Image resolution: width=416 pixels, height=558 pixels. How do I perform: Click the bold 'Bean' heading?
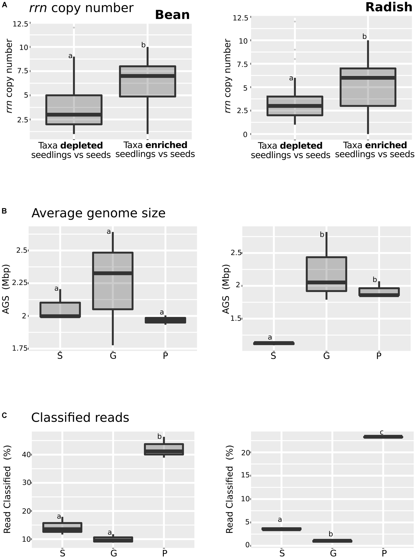[x=172, y=15]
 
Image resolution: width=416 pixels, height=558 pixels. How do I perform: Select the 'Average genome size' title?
[x=99, y=213]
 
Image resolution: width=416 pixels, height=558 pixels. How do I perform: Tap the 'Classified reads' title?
[x=80, y=418]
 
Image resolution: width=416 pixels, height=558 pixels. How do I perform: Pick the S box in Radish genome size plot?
[x=274, y=343]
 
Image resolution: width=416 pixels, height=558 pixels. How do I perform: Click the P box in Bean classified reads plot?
[x=164, y=449]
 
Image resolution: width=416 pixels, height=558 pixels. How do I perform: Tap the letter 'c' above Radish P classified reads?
[x=382, y=432]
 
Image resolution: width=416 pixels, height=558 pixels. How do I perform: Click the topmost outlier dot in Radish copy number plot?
[x=295, y=22]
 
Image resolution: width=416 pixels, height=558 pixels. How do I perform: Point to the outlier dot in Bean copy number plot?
[x=74, y=27]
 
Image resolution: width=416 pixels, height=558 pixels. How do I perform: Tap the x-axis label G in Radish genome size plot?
[x=326, y=356]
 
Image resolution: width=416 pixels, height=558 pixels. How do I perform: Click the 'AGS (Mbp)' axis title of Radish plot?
[x=226, y=289]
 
